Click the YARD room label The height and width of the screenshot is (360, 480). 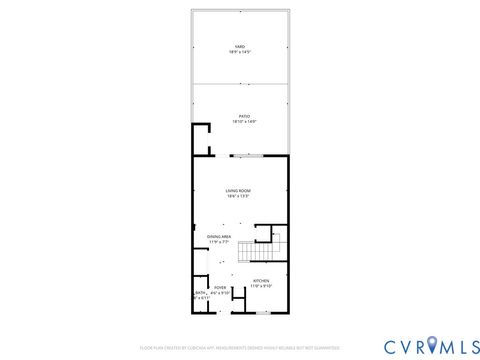click(x=240, y=46)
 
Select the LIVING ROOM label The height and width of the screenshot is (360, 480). click(x=238, y=190)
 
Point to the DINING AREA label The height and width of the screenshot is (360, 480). click(x=219, y=236)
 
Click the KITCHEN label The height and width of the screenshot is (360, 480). click(x=261, y=280)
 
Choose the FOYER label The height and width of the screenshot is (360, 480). click(x=220, y=287)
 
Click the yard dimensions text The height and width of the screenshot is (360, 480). click(x=240, y=51)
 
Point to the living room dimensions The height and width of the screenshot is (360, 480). click(x=238, y=196)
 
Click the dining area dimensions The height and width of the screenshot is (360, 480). click(x=219, y=242)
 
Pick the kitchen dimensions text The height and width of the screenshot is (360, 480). click(x=261, y=286)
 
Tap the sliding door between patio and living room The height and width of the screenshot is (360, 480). click(x=247, y=155)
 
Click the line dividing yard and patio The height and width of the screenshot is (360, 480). click(x=240, y=84)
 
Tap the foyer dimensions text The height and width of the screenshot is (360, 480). click(x=220, y=292)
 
